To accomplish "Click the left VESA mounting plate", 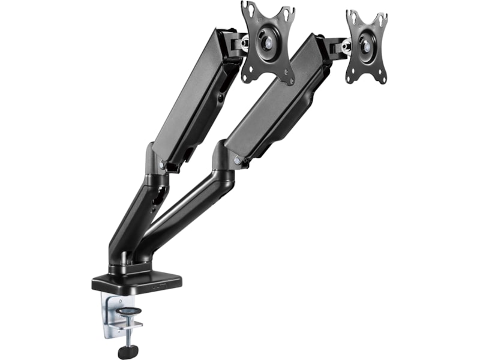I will [x=268, y=42].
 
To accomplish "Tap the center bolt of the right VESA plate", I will [x=364, y=46].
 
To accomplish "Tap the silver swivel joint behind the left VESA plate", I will [x=244, y=43].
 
